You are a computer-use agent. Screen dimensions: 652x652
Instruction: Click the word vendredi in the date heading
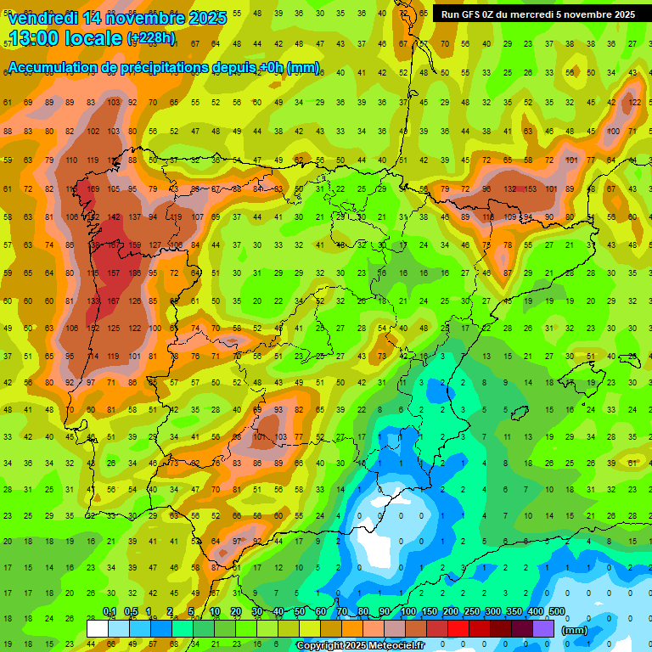click(42, 18)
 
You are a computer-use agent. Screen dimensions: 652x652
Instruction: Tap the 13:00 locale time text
click(64, 38)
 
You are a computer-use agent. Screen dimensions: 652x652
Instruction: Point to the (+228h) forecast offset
click(151, 38)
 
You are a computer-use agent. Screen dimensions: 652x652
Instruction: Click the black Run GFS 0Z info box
click(537, 14)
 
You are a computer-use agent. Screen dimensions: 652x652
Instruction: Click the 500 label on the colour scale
click(557, 612)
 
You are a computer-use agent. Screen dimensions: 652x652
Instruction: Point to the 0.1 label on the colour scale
click(110, 612)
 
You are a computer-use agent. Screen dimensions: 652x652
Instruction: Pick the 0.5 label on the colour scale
click(131, 612)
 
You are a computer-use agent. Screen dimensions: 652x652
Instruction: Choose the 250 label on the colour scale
click(472, 612)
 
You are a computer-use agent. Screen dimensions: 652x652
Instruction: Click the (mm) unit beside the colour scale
click(575, 630)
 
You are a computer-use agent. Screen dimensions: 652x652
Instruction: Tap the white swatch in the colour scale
click(98, 629)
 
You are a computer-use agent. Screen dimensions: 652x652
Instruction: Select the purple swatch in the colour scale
click(544, 629)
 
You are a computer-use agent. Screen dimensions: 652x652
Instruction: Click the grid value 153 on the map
click(531, 188)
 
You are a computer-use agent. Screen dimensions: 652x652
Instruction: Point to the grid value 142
click(113, 216)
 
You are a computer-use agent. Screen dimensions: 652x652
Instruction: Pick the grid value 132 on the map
click(509, 188)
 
